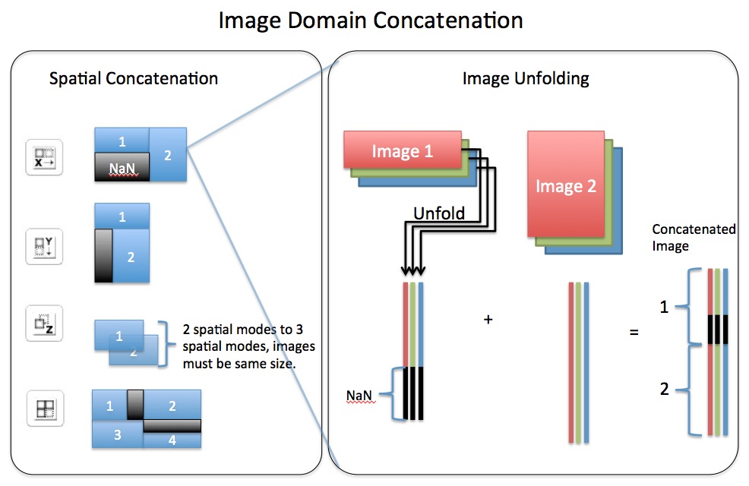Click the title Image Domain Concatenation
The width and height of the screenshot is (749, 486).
371,20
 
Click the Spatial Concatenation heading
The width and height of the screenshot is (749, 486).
133,78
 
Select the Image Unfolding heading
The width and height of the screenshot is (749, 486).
526,78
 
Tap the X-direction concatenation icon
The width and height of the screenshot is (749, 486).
43,157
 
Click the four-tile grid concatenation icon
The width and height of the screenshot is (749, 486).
43,408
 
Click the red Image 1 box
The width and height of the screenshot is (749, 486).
402,151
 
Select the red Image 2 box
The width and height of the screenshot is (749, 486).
565,185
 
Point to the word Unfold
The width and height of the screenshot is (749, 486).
438,213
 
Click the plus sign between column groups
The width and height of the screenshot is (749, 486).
488,320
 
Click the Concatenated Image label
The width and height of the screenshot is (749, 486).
694,237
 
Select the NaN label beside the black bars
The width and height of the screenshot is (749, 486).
360,395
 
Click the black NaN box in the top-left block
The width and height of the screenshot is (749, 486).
122,166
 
